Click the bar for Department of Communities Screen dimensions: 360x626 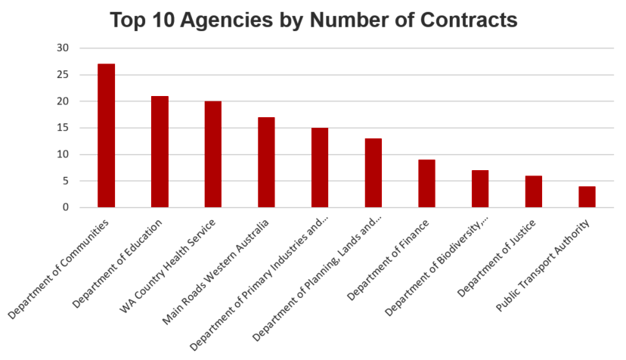[x=106, y=136]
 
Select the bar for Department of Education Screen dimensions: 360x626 [x=160, y=152]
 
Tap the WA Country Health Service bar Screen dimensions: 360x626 [x=213, y=154]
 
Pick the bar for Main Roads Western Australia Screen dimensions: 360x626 [x=266, y=163]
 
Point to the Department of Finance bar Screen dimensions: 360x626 [x=426, y=184]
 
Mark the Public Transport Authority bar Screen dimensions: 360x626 [x=587, y=197]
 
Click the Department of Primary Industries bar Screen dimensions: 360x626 [x=320, y=168]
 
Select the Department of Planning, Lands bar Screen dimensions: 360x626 [x=373, y=173]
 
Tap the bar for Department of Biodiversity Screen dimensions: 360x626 [x=480, y=189]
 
